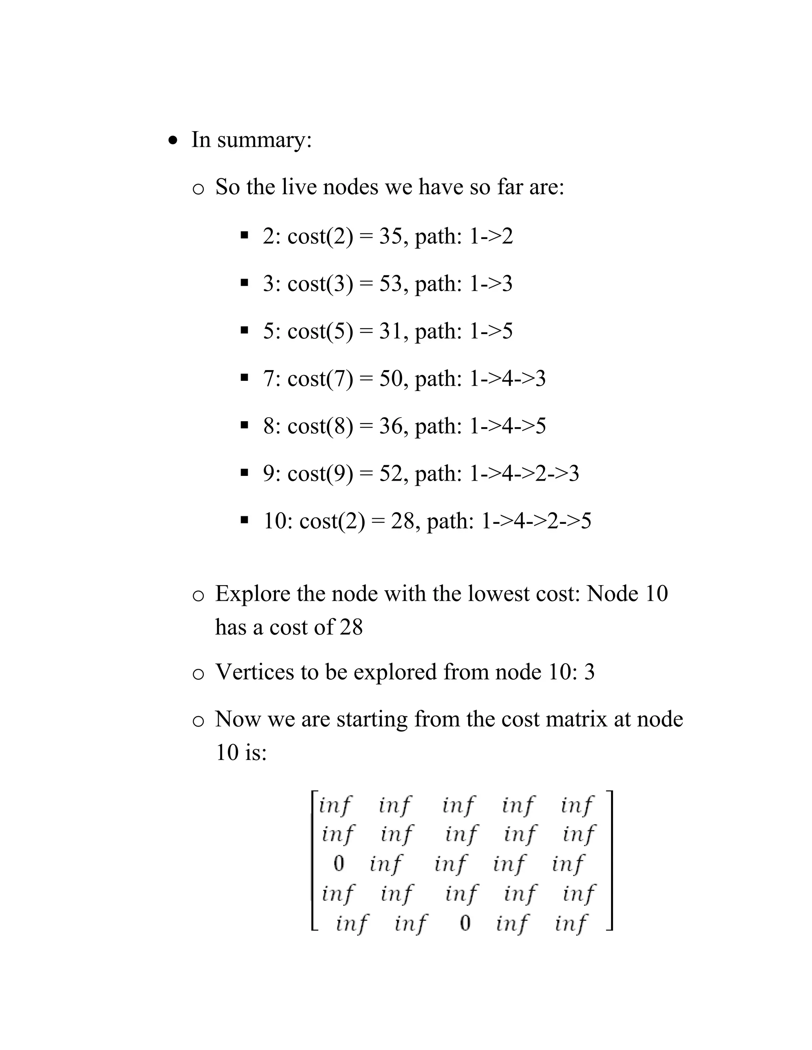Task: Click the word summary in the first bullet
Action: [x=264, y=140]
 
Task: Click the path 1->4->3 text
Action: [x=507, y=379]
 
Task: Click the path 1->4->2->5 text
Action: [x=536, y=521]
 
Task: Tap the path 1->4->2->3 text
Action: [x=524, y=473]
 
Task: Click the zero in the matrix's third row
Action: [x=339, y=864]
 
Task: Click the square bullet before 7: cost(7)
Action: [x=244, y=378]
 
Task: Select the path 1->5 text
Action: [x=491, y=331]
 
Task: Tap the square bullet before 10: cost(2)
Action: [x=244, y=521]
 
